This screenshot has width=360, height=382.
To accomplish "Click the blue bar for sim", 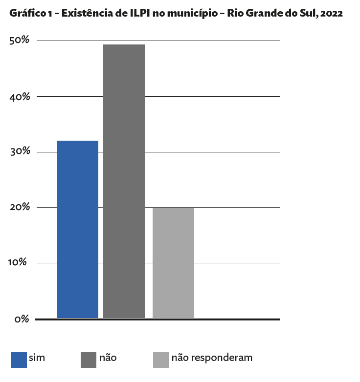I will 77,229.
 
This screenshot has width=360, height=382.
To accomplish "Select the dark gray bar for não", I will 124,181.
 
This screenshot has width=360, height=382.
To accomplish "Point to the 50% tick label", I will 20,41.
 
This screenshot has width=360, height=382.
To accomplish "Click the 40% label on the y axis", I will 20,96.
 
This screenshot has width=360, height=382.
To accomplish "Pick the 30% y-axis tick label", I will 20,151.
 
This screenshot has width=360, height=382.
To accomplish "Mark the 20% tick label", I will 20,207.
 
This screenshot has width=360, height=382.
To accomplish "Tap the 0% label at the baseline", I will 22,319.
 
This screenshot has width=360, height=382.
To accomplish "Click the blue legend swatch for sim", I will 19,360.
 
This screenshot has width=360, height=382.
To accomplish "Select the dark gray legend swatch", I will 89,360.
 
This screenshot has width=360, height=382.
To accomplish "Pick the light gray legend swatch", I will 161,360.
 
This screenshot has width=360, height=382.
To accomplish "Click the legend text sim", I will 37,358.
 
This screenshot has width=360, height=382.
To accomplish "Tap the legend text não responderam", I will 212,358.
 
